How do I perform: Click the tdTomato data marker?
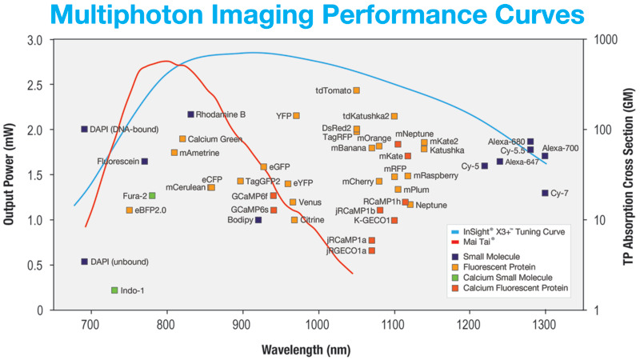click(x=357, y=90)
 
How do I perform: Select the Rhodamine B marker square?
click(x=190, y=114)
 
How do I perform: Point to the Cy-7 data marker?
click(x=545, y=193)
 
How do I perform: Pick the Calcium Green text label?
click(x=215, y=139)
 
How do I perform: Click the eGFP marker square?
click(x=263, y=166)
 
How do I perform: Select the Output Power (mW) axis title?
click(x=10, y=175)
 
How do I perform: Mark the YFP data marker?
click(x=297, y=115)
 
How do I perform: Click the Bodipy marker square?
click(x=258, y=220)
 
